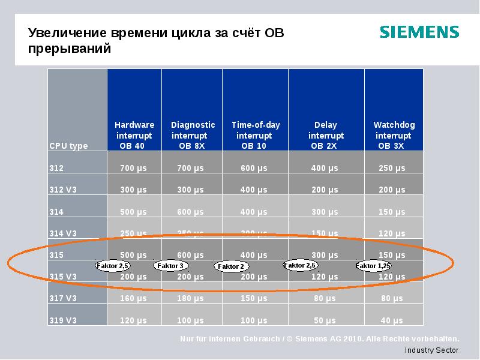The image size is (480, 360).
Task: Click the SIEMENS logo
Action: [419, 32]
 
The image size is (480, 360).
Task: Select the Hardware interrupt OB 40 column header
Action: [134, 135]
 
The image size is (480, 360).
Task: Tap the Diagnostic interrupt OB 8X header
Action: [193, 135]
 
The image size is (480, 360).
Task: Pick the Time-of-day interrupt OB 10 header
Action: [256, 135]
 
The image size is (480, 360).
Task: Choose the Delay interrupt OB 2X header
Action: [325, 135]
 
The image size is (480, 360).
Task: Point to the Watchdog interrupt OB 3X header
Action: [394, 135]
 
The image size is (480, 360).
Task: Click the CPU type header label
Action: [68, 146]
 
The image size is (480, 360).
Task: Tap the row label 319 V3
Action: [63, 320]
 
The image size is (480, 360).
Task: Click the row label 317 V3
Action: [63, 298]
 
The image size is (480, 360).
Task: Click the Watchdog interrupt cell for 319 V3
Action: [392, 320]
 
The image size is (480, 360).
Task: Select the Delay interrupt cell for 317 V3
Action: [324, 298]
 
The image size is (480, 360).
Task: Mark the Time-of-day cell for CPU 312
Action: [254, 168]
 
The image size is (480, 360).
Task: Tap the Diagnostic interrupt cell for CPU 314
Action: [190, 211]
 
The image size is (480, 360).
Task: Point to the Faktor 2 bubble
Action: [231, 266]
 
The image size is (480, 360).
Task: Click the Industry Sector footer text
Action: [431, 350]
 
